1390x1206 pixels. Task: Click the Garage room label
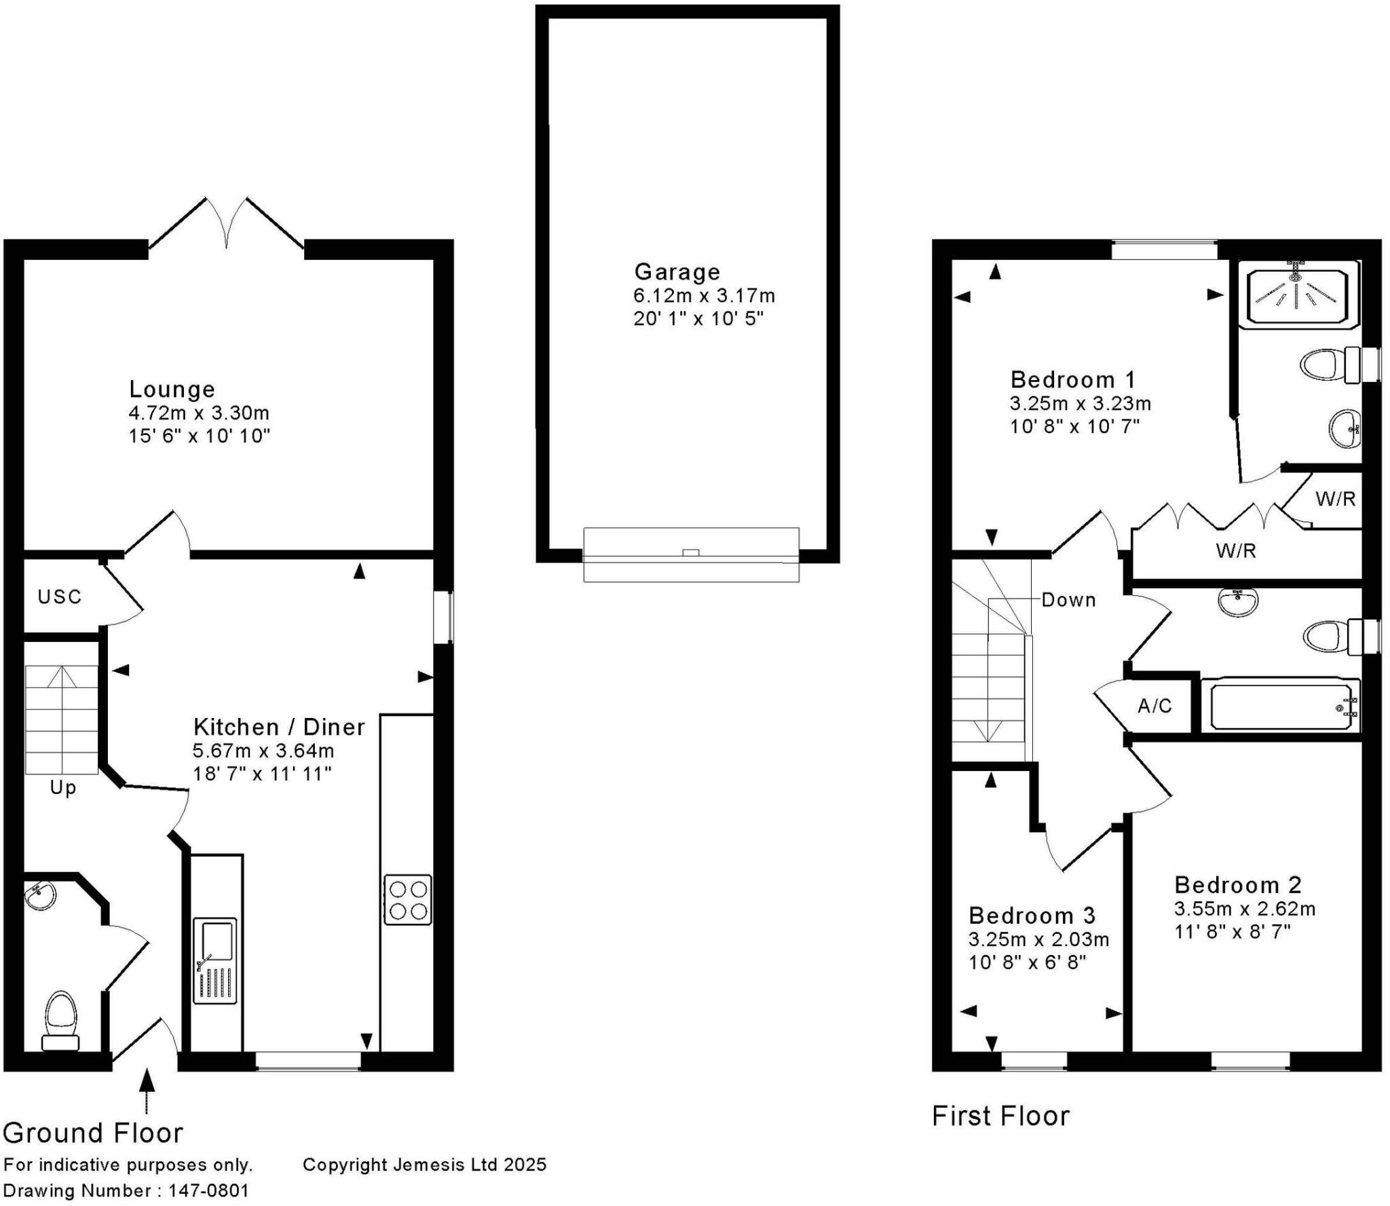pyautogui.click(x=677, y=272)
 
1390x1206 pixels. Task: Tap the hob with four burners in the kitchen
pyautogui.click(x=407, y=899)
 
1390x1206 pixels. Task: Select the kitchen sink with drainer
pyautogui.click(x=214, y=960)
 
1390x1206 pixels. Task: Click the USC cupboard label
pyautogui.click(x=60, y=597)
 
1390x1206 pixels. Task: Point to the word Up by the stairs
pyautogui.click(x=63, y=789)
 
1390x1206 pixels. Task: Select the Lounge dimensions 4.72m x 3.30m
pyautogui.click(x=199, y=413)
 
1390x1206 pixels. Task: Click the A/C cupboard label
pyautogui.click(x=1154, y=706)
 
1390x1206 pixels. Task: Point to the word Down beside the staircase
pyautogui.click(x=1068, y=600)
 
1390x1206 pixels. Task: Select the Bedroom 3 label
pyautogui.click(x=1032, y=916)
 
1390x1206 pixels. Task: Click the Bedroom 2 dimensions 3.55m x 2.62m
pyautogui.click(x=1245, y=909)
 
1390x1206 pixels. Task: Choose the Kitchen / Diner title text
pyautogui.click(x=279, y=728)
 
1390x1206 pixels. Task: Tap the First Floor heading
pyautogui.click(x=1000, y=1116)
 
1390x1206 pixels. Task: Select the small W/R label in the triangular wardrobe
pyautogui.click(x=1335, y=500)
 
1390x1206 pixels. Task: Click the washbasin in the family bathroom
pyautogui.click(x=1238, y=601)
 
